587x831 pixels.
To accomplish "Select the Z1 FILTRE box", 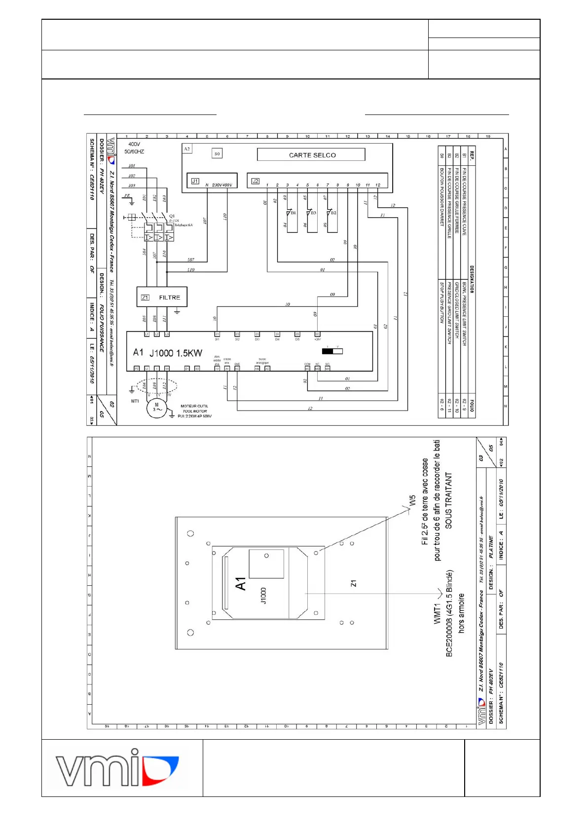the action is pyautogui.click(x=162, y=297).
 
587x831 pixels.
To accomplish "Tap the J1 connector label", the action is pyautogui.click(x=195, y=181).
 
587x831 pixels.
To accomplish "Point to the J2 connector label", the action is pyautogui.click(x=255, y=181).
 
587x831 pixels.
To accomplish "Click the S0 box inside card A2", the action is pyautogui.click(x=217, y=154).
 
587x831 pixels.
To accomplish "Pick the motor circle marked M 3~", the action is pyautogui.click(x=157, y=408).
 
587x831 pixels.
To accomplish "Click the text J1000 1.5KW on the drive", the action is pyautogui.click(x=176, y=353).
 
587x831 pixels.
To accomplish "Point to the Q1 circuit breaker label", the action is pyautogui.click(x=172, y=216).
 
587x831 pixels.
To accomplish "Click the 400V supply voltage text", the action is pyautogui.click(x=134, y=144).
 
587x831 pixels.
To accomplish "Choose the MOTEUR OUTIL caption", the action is pyautogui.click(x=194, y=406).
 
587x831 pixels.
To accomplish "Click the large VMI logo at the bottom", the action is pyautogui.click(x=117, y=767).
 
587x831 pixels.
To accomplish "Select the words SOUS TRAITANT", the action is pyautogui.click(x=448, y=500).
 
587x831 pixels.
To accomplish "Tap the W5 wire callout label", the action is pyautogui.click(x=412, y=500).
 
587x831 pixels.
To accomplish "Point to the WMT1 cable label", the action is pyautogui.click(x=437, y=613).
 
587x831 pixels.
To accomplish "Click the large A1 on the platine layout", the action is pyautogui.click(x=241, y=584).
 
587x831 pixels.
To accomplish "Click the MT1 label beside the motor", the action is pyautogui.click(x=135, y=401).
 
